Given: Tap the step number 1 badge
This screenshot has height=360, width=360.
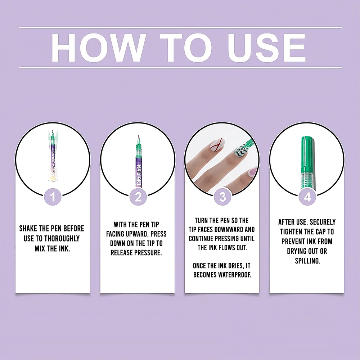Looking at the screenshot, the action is (53, 197).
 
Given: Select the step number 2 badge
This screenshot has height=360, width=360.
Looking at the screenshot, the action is (138, 197).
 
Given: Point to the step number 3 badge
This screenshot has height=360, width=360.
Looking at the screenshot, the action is (222, 197).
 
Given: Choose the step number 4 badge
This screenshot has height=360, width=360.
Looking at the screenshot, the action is (307, 197).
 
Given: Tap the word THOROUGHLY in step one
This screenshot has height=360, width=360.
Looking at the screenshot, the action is (62, 239).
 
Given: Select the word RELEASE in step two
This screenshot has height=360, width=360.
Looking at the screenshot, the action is (122, 253).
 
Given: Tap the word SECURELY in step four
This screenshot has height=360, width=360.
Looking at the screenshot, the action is (323, 222).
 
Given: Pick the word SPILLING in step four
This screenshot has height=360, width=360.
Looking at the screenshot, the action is (307, 261).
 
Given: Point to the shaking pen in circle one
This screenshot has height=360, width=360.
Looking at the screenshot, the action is (53, 156).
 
